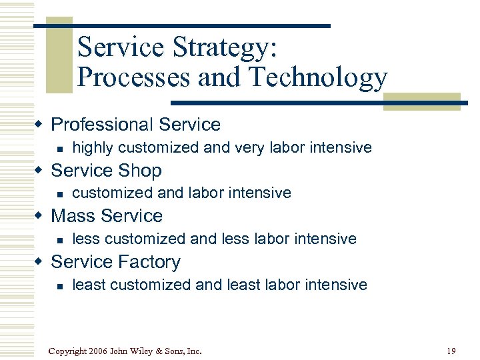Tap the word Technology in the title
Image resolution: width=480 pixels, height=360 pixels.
click(x=318, y=78)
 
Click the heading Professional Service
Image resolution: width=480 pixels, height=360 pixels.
click(x=135, y=125)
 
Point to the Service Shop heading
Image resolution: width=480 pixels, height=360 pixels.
click(x=106, y=171)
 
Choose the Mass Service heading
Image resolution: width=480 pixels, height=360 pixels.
click(x=107, y=216)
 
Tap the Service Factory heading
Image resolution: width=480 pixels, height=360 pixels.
click(x=115, y=262)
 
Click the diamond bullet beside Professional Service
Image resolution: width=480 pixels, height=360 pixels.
click(x=41, y=125)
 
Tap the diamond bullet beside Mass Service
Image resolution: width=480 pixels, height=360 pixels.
click(x=41, y=217)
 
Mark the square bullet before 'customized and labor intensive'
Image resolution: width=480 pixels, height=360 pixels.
click(x=60, y=194)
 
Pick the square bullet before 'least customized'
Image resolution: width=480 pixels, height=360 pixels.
click(x=60, y=286)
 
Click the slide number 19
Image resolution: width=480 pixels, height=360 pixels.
click(x=451, y=351)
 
